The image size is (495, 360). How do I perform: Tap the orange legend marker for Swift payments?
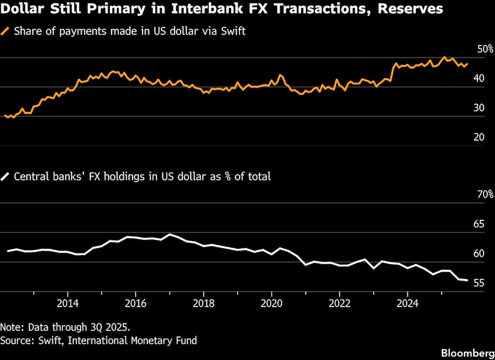click(x=6, y=32)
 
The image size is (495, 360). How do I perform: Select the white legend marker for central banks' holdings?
click(x=6, y=176)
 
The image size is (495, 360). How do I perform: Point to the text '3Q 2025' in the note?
click(x=112, y=327)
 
